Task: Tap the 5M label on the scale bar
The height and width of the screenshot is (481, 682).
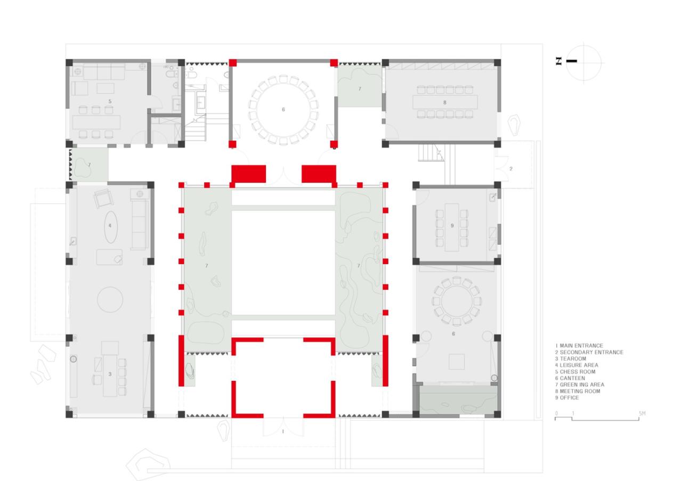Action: click(x=642, y=413)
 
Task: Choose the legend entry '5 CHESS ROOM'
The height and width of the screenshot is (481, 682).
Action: click(x=575, y=372)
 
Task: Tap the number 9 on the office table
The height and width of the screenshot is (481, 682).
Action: click(x=452, y=226)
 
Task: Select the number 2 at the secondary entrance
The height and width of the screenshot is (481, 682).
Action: click(x=510, y=169)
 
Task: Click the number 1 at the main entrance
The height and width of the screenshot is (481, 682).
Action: click(x=282, y=431)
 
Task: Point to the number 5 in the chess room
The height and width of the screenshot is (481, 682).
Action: click(x=110, y=100)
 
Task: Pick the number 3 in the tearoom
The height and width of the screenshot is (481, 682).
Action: click(x=110, y=374)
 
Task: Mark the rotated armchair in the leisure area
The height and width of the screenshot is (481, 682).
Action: click(x=103, y=199)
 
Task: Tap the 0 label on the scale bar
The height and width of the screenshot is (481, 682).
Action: click(x=556, y=413)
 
